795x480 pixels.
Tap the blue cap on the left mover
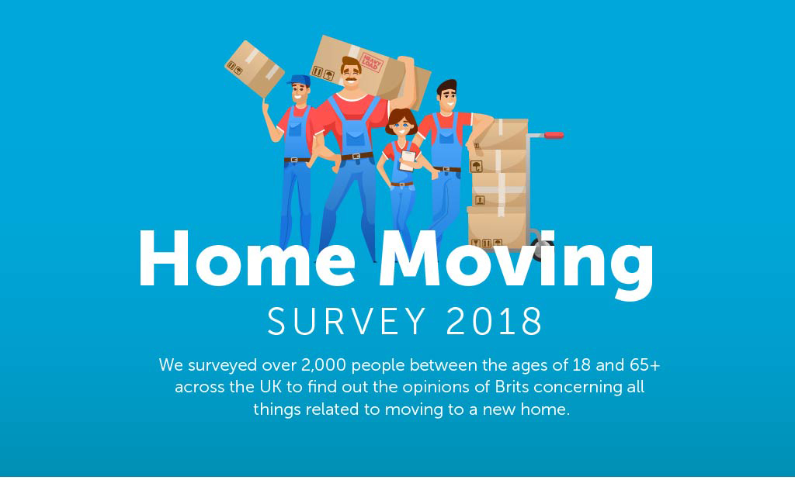pyautogui.click(x=299, y=81)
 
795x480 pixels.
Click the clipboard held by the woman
pyautogui.click(x=408, y=161)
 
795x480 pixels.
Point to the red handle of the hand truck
pyautogui.click(x=554, y=135)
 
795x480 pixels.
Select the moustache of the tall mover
pyautogui.click(x=351, y=79)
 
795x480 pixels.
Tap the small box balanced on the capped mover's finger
pyautogui.click(x=254, y=69)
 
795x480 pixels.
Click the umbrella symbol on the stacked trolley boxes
pyautogui.click(x=476, y=167)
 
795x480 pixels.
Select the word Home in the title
pyautogui.click(x=246, y=259)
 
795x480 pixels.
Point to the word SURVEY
pyautogui.click(x=346, y=321)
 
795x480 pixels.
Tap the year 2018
pyautogui.click(x=495, y=321)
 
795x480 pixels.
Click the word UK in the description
pyautogui.click(x=271, y=387)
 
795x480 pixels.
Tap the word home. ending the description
pyautogui.click(x=546, y=409)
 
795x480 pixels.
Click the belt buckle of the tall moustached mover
pyautogui.click(x=357, y=157)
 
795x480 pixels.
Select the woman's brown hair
pyautogui.click(x=401, y=119)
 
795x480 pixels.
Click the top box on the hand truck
pyautogui.click(x=499, y=134)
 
